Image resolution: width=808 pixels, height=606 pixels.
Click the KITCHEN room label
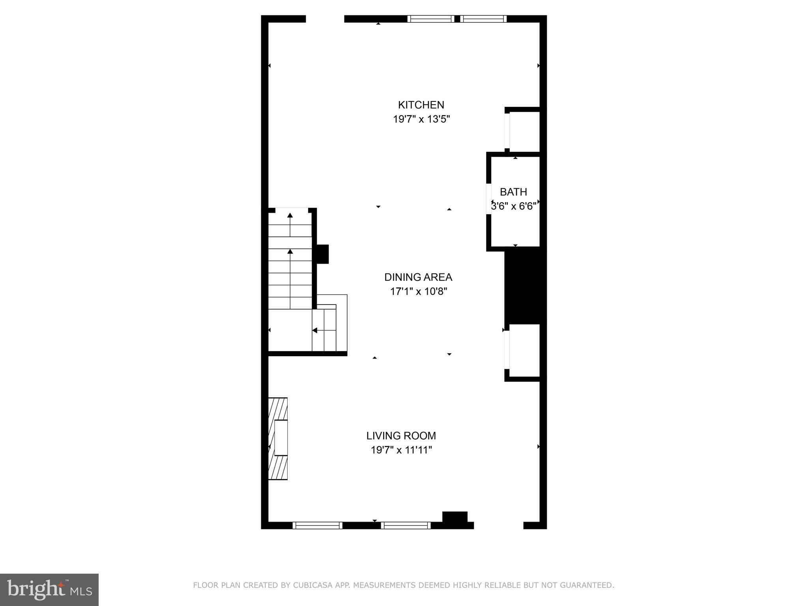[x=421, y=105]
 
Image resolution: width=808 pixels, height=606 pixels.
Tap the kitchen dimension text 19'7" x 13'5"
[x=421, y=119]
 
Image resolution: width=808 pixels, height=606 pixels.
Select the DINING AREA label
[x=418, y=277]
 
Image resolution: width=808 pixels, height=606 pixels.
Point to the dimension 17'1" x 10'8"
[x=419, y=292]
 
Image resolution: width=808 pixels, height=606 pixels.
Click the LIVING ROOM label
[x=401, y=436]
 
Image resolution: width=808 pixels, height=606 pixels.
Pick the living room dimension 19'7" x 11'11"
[x=401, y=450]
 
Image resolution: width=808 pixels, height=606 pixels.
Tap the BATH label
[x=513, y=192]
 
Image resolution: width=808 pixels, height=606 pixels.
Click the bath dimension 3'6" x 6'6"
[x=513, y=206]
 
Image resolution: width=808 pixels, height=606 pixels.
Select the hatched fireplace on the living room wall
[x=278, y=438]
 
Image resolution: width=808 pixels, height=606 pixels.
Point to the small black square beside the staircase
[x=322, y=254]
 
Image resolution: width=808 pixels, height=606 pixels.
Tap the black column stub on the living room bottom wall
[x=455, y=518]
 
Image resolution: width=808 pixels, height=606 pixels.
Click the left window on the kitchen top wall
[x=431, y=19]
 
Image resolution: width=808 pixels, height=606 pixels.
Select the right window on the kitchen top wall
[x=483, y=19]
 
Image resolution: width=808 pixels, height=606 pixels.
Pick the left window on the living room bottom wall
[x=318, y=525]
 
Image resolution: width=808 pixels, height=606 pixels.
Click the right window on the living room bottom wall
[x=406, y=525]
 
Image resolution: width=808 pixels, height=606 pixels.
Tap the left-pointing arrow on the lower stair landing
[x=315, y=330]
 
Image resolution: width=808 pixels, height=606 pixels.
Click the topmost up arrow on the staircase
[x=290, y=215]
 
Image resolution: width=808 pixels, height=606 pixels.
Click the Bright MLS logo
[x=49, y=589]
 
